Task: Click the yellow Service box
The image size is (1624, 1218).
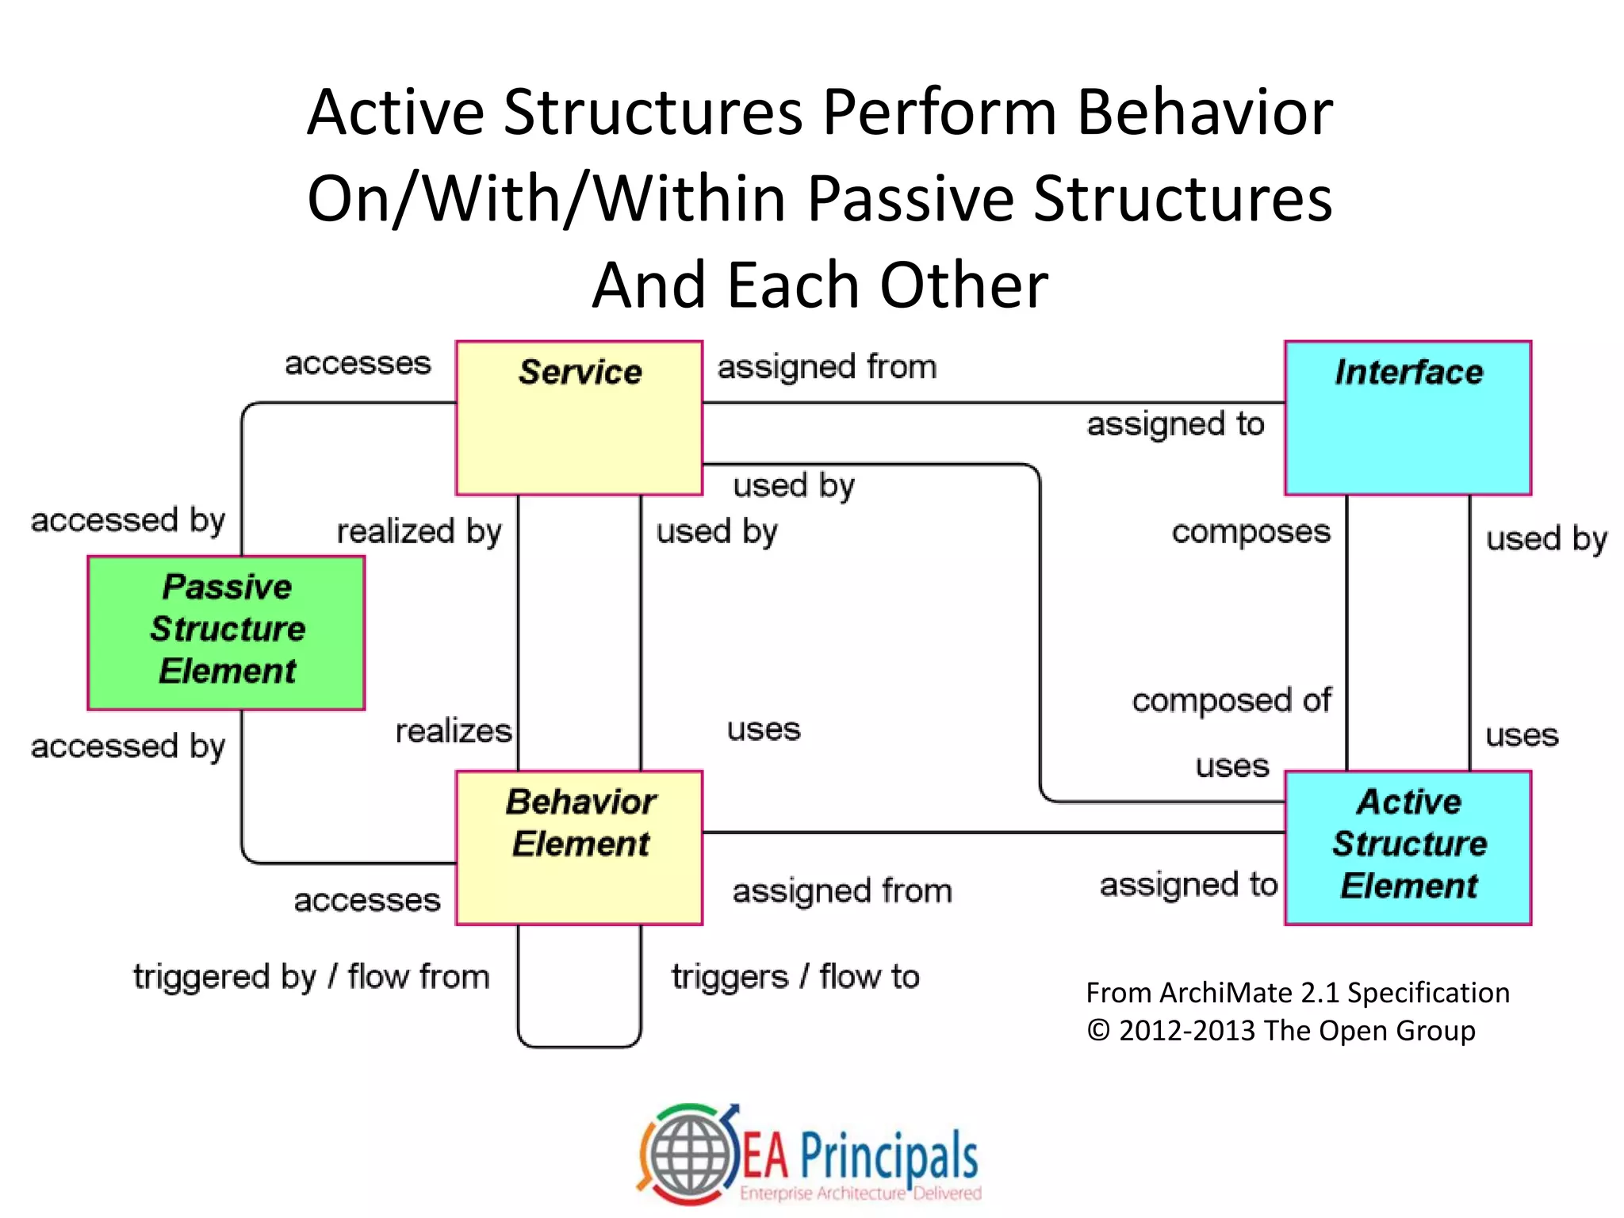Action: tap(579, 418)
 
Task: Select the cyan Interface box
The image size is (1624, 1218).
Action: tap(1408, 418)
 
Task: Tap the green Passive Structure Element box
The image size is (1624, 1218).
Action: tap(226, 632)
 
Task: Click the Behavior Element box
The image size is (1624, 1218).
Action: tap(579, 848)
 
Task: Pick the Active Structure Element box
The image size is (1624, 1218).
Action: tap(1408, 848)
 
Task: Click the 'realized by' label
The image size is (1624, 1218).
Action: tap(419, 531)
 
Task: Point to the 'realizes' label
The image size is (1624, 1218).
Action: tap(454, 730)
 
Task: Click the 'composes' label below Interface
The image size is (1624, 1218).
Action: tap(1251, 531)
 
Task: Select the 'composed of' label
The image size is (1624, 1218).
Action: tap(1231, 700)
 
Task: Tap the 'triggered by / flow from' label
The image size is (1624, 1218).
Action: tap(311, 977)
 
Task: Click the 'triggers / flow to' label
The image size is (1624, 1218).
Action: tap(795, 977)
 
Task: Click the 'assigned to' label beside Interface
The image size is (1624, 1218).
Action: tap(1175, 424)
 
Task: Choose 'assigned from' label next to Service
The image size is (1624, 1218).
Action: tap(826, 367)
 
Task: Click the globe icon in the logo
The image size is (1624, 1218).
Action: tap(688, 1155)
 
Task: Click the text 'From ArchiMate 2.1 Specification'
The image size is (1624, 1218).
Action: tap(1297, 993)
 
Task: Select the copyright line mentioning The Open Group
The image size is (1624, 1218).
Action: tap(1281, 1031)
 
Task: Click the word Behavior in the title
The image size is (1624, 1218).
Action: tap(1204, 112)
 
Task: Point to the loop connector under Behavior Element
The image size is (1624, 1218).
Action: tap(579, 1046)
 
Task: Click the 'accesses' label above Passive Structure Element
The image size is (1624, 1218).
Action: tap(358, 363)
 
